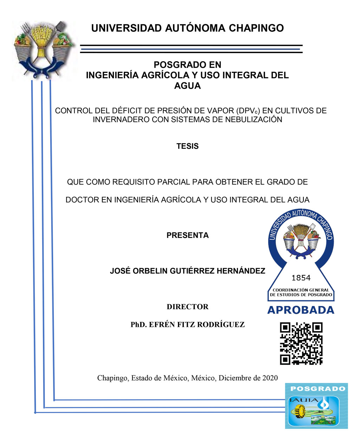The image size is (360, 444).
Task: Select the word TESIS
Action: click(187, 146)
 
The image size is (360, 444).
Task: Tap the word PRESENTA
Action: click(187, 235)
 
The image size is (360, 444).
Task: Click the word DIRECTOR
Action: click(187, 307)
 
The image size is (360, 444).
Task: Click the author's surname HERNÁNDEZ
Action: click(241, 271)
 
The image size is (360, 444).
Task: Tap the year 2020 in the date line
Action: click(270, 378)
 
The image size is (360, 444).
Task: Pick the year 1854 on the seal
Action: click(301, 278)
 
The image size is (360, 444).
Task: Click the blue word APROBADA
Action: click(301, 310)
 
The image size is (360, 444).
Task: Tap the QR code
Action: click(301, 343)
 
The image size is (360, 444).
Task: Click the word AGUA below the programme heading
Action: click(187, 86)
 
